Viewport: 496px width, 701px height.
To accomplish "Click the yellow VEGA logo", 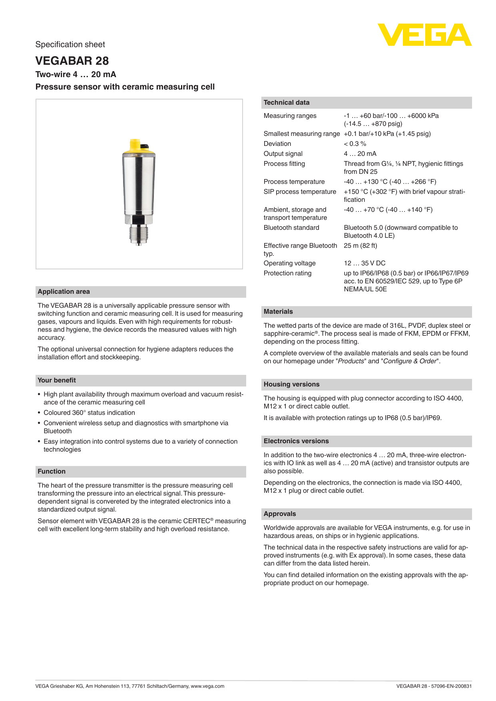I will [x=424, y=35].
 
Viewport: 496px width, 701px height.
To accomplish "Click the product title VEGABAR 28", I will [x=72, y=61].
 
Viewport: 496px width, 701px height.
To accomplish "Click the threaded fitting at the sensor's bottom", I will [x=138, y=233].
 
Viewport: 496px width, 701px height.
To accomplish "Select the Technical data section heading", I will [x=287, y=103].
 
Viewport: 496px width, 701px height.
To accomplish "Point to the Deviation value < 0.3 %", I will [x=355, y=144].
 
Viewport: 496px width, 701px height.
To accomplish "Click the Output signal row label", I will [x=283, y=154].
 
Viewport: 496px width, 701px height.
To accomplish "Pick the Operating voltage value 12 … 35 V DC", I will [x=365, y=263].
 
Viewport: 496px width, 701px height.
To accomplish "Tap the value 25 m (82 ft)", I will [x=360, y=246].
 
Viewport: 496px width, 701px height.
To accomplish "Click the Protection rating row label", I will [x=287, y=273].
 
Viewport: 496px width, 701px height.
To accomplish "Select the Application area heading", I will [x=64, y=292].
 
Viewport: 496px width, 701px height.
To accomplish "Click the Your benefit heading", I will [x=56, y=380].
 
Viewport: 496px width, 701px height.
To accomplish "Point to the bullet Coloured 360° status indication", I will [x=89, y=413].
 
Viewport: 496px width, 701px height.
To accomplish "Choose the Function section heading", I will [x=52, y=472].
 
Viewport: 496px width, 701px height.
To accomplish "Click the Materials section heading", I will [x=278, y=312].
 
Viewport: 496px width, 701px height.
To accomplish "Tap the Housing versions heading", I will [x=291, y=384].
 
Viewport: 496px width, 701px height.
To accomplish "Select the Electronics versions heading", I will [x=296, y=441].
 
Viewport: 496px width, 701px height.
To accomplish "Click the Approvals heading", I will [x=280, y=514].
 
